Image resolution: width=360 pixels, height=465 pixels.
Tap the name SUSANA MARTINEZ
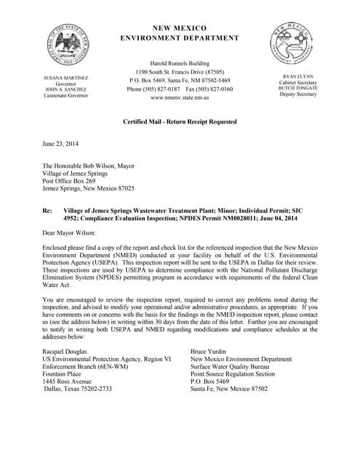tap(65, 78)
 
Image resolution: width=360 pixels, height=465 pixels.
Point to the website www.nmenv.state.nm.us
tap(180, 97)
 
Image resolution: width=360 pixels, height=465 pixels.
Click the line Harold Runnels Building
tap(179, 63)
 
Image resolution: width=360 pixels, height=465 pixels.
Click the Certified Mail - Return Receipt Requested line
tap(179, 121)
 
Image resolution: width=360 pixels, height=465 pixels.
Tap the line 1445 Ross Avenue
tap(67, 381)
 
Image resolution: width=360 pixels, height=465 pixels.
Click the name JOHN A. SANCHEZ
tap(65, 89)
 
